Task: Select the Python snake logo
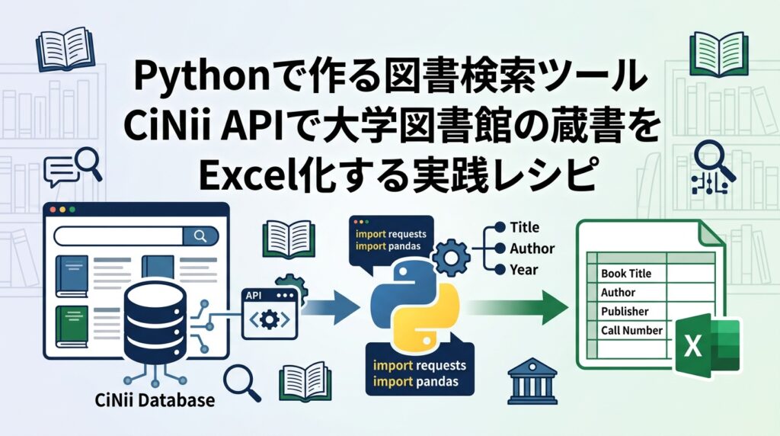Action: [414, 304]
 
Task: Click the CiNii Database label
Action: [155, 399]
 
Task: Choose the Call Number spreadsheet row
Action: [631, 330]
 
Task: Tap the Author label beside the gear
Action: [532, 248]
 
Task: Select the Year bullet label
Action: [524, 270]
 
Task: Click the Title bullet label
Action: [524, 227]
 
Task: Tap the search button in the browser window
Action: [200, 236]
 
